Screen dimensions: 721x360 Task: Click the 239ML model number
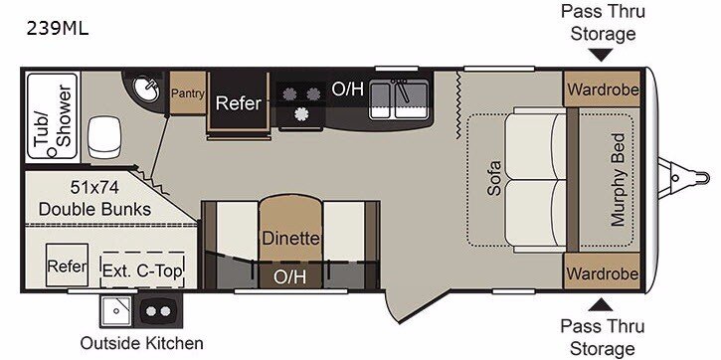click(x=57, y=30)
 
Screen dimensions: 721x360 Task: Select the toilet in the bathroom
click(x=104, y=137)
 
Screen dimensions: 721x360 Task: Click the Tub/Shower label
click(x=53, y=116)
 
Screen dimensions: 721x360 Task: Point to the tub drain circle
click(x=53, y=152)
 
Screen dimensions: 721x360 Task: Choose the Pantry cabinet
click(x=188, y=92)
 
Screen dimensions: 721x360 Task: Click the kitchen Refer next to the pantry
click(x=239, y=103)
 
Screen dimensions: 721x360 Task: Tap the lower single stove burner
click(x=300, y=113)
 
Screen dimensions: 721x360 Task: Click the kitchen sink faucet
click(x=403, y=90)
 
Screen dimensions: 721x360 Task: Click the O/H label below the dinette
click(x=289, y=276)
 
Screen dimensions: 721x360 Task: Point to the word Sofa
click(x=494, y=178)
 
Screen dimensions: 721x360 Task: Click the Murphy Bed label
click(x=618, y=179)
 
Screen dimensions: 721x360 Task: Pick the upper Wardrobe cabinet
click(x=602, y=89)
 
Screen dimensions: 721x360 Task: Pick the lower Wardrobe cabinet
click(x=602, y=270)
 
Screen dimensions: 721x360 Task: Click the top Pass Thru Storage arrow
click(x=601, y=55)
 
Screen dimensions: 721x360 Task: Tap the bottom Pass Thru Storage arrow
click(x=601, y=305)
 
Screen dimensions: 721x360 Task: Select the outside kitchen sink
click(x=116, y=311)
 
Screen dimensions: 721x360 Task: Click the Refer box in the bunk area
click(x=68, y=266)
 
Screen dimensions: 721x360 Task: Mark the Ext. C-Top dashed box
click(x=142, y=270)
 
